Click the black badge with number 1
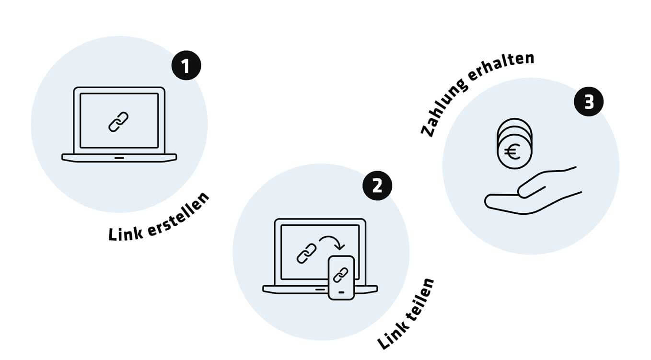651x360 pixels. (186, 66)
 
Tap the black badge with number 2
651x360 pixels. (377, 185)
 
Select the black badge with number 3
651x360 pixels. (589, 103)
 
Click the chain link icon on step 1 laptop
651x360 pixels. (119, 122)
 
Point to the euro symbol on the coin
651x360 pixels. (512, 153)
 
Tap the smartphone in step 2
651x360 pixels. (341, 278)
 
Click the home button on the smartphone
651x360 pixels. (341, 292)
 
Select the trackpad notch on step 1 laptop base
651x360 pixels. (119, 157)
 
